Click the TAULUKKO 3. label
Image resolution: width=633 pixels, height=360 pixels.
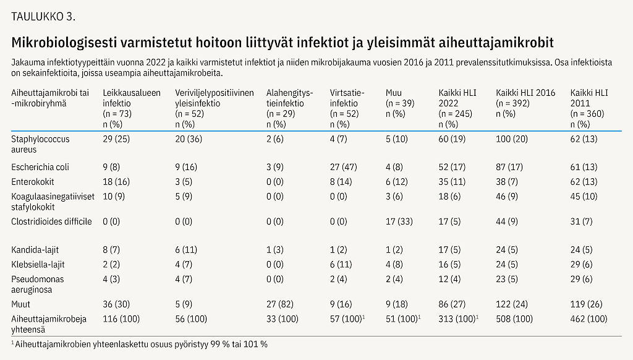pos(43,17)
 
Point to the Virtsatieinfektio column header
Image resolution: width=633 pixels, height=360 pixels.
pos(348,98)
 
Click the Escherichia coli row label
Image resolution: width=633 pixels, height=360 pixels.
pos(40,167)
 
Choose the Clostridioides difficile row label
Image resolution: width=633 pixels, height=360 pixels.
pos(51,221)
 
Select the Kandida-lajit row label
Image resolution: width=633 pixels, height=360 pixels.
pos(35,250)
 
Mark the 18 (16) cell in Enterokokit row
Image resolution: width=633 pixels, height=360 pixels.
pos(116,182)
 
